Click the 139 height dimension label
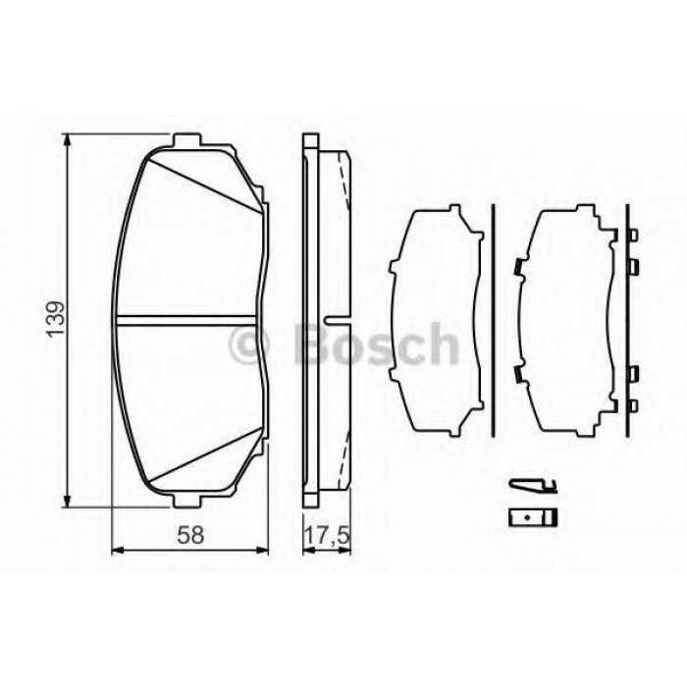point(57,319)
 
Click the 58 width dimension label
point(190,535)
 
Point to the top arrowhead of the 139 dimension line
point(67,140)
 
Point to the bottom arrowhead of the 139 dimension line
point(67,501)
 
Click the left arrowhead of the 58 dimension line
point(119,550)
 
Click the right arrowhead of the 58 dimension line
point(261,550)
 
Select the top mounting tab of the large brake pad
point(187,140)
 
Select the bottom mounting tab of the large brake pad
point(187,501)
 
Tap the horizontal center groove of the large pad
point(185,321)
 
